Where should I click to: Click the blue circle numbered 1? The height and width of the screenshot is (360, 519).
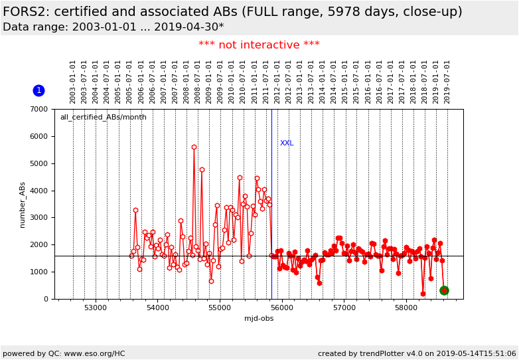pyautogui.click(x=38, y=90)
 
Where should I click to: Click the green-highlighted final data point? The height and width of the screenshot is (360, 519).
pyautogui.click(x=444, y=290)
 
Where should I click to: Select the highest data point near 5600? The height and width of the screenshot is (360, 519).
pyautogui.click(x=194, y=147)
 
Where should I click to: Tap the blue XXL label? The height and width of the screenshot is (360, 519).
pyautogui.click(x=286, y=143)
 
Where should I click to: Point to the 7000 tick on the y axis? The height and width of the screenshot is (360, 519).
pyautogui.click(x=41, y=110)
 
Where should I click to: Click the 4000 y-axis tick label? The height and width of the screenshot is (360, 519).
pyautogui.click(x=41, y=191)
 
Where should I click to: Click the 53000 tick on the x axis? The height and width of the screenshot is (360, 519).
pyautogui.click(x=96, y=308)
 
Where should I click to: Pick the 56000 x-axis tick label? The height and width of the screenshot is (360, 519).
pyautogui.click(x=281, y=308)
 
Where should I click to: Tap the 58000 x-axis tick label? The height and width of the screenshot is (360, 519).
pyautogui.click(x=406, y=308)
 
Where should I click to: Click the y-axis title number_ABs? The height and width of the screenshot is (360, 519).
pyautogui.click(x=23, y=205)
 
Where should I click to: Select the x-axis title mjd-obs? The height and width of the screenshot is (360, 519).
pyautogui.click(x=259, y=318)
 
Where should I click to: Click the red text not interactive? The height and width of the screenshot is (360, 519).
pyautogui.click(x=259, y=45)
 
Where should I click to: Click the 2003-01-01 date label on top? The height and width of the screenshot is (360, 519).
pyautogui.click(x=73, y=81)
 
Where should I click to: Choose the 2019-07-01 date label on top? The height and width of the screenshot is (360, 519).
pyautogui.click(x=447, y=81)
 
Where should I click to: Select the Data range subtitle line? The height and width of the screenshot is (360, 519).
pyautogui.click(x=113, y=27)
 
